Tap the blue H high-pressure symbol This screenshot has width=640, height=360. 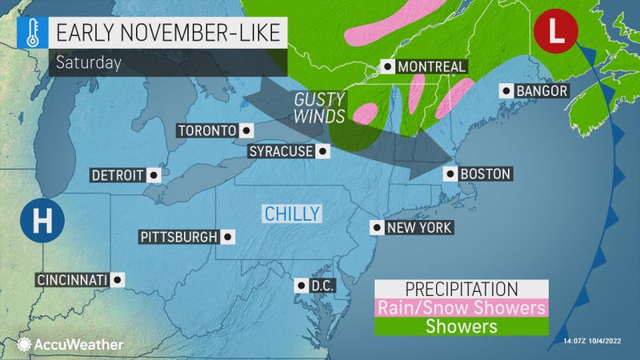tap(38, 217)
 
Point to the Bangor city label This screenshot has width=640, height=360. tap(541, 90)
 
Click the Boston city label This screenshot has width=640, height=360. tap(486, 174)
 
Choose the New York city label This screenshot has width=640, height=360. tap(418, 228)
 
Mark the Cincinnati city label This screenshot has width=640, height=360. tap(70, 279)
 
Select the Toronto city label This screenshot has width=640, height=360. tap(206, 130)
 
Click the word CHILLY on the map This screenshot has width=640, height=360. tap(292, 213)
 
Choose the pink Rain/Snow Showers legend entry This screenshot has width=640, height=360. tap(462, 307)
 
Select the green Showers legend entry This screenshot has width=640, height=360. tap(462, 326)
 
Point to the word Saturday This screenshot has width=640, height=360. tap(88, 63)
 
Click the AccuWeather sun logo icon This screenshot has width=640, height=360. tap(24, 344)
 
